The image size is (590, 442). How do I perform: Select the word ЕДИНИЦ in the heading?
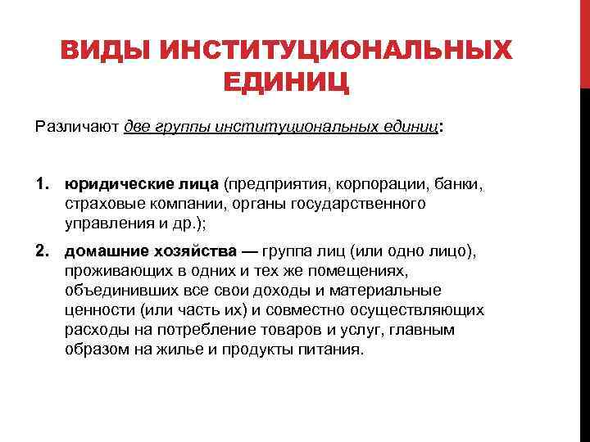286,83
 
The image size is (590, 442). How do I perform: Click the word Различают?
76,128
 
